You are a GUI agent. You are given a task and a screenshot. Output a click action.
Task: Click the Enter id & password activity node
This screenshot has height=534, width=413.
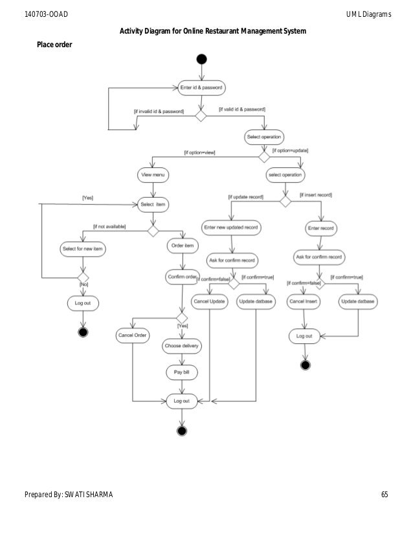[x=201, y=87]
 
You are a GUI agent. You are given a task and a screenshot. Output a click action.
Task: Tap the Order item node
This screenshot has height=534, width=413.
[x=183, y=246]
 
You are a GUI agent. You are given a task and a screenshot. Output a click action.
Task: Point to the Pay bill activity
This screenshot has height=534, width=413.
[x=181, y=373]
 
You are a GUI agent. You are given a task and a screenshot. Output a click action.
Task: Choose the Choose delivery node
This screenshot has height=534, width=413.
[x=181, y=346]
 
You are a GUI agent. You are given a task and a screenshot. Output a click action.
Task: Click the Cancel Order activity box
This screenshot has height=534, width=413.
[x=133, y=336]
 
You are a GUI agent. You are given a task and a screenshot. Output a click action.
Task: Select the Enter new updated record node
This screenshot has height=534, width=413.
[x=231, y=228]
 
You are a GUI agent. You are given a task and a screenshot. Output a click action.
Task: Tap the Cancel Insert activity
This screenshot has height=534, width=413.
[x=304, y=301]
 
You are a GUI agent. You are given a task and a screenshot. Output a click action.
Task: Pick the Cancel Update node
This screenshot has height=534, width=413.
[x=209, y=301]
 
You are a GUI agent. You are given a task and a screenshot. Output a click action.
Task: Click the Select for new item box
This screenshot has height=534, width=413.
[x=82, y=249]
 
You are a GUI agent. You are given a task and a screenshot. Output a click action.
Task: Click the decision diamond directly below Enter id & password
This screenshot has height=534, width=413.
[x=201, y=116]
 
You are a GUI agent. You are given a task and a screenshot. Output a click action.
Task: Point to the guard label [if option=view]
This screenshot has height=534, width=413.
[x=199, y=153]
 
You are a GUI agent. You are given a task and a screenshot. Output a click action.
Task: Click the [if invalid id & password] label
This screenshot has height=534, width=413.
[x=159, y=111]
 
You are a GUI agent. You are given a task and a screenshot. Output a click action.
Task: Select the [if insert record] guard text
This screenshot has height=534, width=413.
[x=315, y=195]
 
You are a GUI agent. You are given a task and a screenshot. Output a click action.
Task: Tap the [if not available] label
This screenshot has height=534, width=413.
[x=109, y=226]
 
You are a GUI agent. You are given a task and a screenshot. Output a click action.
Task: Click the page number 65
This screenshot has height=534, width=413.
[x=385, y=495]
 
